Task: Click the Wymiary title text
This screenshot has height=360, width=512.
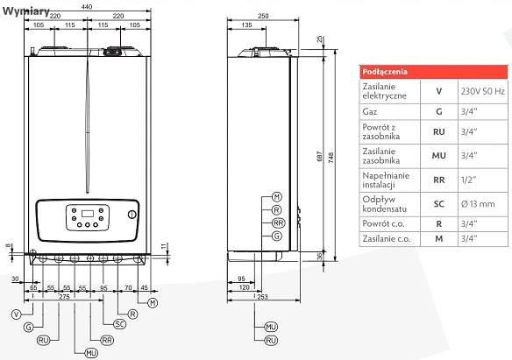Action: click(26, 11)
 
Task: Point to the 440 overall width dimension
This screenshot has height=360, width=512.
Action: click(87, 6)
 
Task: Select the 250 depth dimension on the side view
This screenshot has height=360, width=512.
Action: click(263, 16)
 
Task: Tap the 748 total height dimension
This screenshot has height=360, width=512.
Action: click(331, 158)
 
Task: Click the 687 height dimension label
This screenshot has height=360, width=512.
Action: click(320, 156)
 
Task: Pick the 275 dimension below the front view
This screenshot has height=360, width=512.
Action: click(64, 297)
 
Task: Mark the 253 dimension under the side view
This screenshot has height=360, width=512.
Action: click(262, 297)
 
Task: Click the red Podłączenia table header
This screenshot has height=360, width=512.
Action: click(434, 72)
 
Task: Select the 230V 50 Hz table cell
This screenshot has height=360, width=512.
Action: click(483, 91)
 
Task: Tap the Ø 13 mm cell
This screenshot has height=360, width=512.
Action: click(478, 204)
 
